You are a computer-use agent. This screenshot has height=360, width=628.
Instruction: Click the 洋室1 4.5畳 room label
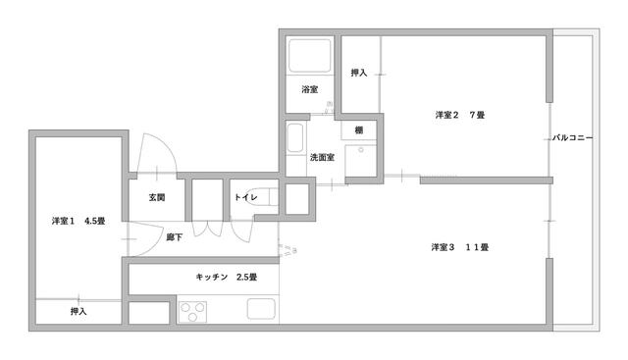pos(78,221)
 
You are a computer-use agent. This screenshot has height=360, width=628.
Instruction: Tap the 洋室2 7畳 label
pos(460,115)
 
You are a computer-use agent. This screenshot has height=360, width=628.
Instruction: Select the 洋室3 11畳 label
pos(460,247)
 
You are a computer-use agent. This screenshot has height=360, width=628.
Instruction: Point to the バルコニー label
pos(572,137)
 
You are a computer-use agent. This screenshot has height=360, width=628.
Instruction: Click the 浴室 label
pos(310,89)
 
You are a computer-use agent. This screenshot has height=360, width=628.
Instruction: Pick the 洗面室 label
pos(322,157)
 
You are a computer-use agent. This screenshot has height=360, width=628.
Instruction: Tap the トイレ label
pos(246,197)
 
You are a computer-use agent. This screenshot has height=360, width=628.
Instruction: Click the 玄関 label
pos(157,197)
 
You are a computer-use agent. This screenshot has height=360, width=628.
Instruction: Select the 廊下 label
pos(175,237)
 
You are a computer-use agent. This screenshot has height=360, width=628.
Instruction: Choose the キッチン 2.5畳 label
pos(227,277)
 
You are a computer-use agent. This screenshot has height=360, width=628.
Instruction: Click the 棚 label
pos(359,130)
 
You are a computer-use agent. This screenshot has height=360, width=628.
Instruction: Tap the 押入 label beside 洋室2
pos(359,73)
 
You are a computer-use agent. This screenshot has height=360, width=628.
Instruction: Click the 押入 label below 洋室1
pos(78,311)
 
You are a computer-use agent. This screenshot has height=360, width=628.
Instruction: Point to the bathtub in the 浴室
pos(310,56)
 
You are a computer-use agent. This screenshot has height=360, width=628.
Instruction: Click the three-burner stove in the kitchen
pos(192,312)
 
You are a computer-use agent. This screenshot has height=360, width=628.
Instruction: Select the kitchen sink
pos(261,309)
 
